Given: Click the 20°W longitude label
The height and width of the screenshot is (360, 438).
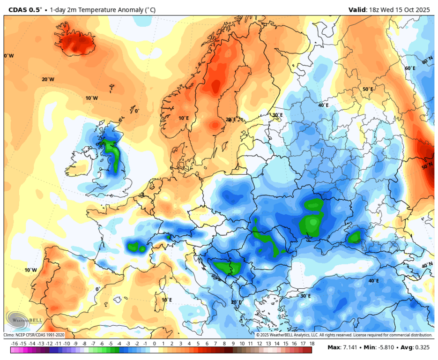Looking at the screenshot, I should point(48,79).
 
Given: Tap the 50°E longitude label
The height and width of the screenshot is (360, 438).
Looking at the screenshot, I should point(368,89).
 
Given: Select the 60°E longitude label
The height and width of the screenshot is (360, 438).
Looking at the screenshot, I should point(410,68).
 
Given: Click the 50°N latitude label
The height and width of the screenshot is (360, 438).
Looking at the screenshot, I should point(427,166).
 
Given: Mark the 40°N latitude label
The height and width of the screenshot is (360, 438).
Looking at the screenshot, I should point(427,265).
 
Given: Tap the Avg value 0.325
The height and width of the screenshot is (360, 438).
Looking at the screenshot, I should point(423,347).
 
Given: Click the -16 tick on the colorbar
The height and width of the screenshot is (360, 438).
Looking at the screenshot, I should point(15,344).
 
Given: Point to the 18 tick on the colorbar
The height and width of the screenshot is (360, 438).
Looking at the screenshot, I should point(312,344).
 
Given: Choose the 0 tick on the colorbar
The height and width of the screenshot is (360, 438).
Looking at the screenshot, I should point(154,344).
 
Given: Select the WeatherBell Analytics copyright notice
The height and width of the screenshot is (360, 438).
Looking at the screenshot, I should point(344,335).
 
